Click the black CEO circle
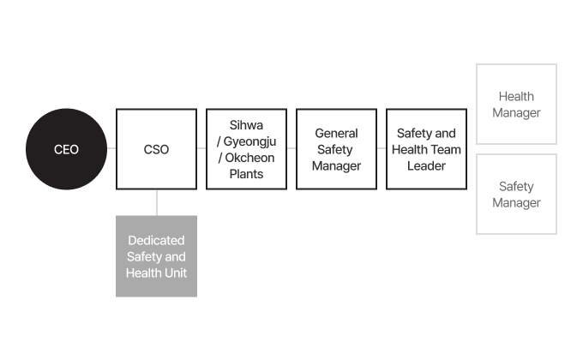click(x=66, y=149)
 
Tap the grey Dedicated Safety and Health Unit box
click(x=157, y=256)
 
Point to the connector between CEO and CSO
click(x=111, y=148)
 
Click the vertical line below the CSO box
click(x=157, y=202)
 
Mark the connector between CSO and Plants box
click(x=201, y=148)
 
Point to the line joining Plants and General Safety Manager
click(x=291, y=148)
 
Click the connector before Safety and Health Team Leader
click(x=382, y=148)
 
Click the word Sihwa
click(x=246, y=125)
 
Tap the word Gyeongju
click(x=249, y=142)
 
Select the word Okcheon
click(x=249, y=158)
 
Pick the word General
click(x=336, y=133)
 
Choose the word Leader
click(x=426, y=166)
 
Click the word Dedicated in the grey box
click(x=156, y=240)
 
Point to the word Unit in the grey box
click(x=177, y=273)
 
